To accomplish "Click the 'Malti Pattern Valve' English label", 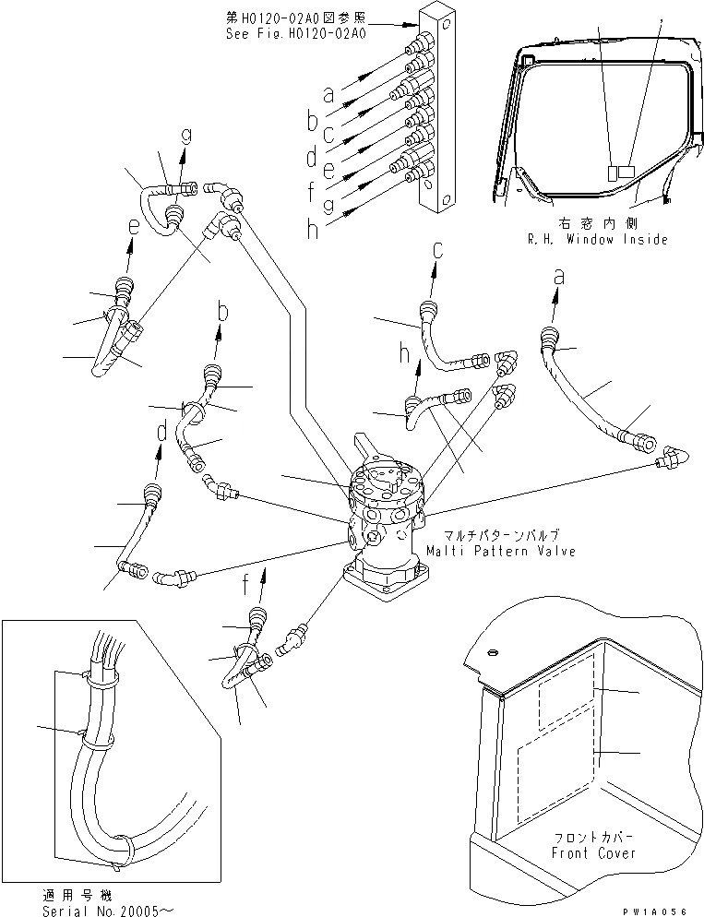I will pyautogui.click(x=500, y=551).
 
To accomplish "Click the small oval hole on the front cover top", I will pyautogui.click(x=492, y=652).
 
